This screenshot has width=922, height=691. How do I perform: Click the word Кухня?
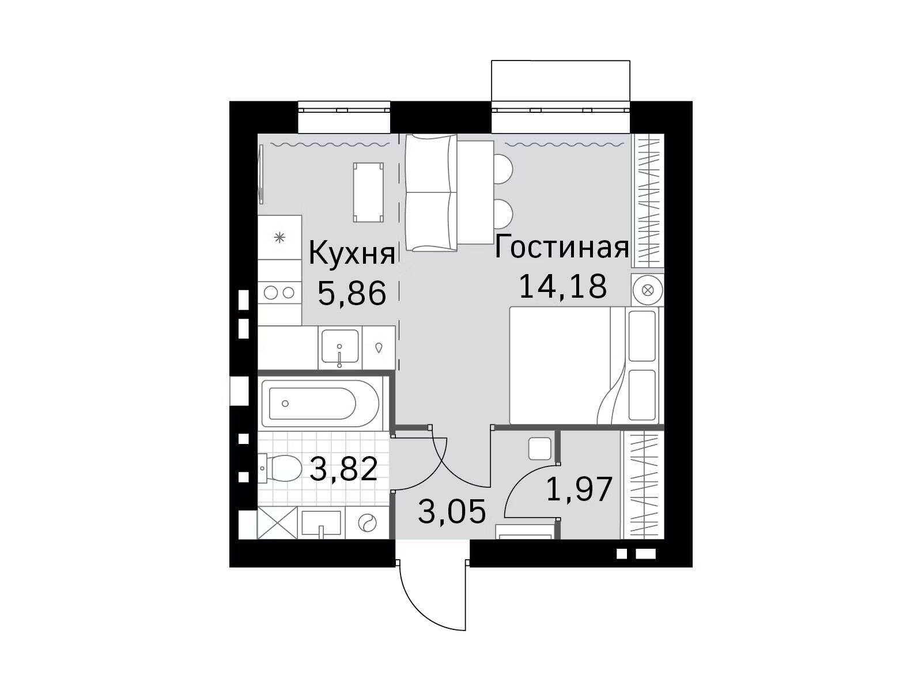click(x=352, y=254)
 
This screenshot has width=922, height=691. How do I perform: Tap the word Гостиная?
click(x=562, y=248)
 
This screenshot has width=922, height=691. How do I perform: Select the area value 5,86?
click(x=352, y=294)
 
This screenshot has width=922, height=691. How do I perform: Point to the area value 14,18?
click(x=563, y=287)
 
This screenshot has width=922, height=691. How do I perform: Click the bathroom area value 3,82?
click(x=343, y=469)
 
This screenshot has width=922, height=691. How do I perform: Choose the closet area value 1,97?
click(x=579, y=489)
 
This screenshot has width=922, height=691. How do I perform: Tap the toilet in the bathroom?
click(x=279, y=469)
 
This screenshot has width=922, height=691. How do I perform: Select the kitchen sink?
click(x=340, y=347)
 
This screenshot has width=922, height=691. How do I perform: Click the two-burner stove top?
click(x=279, y=293)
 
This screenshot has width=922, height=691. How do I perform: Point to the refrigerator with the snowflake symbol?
click(x=279, y=237)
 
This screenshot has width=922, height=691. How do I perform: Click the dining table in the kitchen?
click(x=368, y=192)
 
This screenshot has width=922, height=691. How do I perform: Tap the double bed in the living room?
click(x=584, y=366)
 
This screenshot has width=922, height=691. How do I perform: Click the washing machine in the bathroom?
click(x=366, y=523)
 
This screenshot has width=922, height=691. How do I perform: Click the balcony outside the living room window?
click(x=560, y=81)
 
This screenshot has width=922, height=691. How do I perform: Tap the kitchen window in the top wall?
click(x=344, y=116)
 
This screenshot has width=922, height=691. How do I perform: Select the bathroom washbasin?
click(x=322, y=523)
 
